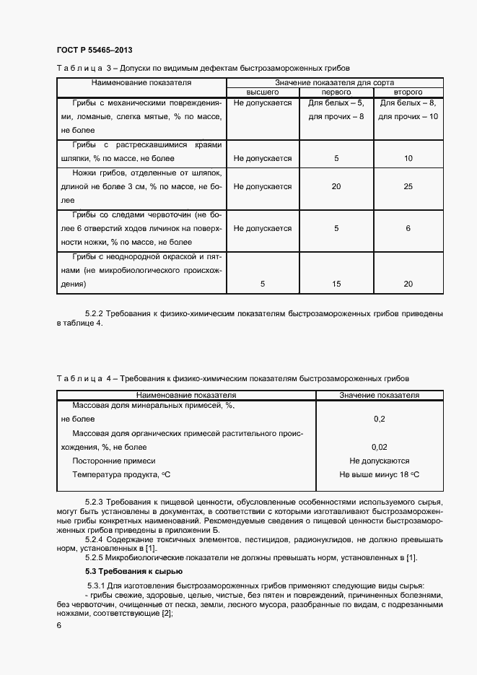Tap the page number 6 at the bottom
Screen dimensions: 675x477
tap(59, 626)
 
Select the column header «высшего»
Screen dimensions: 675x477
tap(263, 93)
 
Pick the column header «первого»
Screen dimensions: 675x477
tap(336, 93)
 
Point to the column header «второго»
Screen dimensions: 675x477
tap(408, 93)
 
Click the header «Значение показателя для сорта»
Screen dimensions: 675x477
tap(336, 83)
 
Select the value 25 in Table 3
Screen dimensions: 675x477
tap(408, 186)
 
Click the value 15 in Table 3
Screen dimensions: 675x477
tap(336, 284)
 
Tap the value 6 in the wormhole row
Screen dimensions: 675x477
tap(408, 228)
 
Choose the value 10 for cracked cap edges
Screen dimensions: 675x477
tap(408, 158)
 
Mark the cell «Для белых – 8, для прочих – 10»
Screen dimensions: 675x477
tap(408, 110)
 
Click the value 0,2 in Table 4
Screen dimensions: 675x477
tap(379, 419)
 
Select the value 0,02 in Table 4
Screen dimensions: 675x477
tap(379, 447)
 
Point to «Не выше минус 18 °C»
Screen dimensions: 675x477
tap(379, 474)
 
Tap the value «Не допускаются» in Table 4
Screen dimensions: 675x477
tap(379, 461)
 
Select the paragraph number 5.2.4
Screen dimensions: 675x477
tap(97, 539)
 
